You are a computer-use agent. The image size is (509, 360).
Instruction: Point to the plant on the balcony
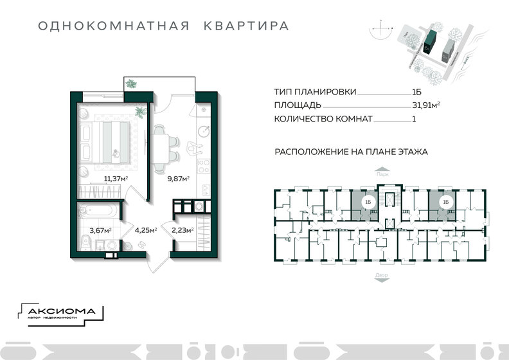tap(132, 84)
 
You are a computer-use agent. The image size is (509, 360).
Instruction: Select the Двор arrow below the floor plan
tap(382, 275)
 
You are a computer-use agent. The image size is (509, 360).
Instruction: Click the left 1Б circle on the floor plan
tap(367, 203)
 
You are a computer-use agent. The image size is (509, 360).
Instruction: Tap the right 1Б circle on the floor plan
tap(444, 203)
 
